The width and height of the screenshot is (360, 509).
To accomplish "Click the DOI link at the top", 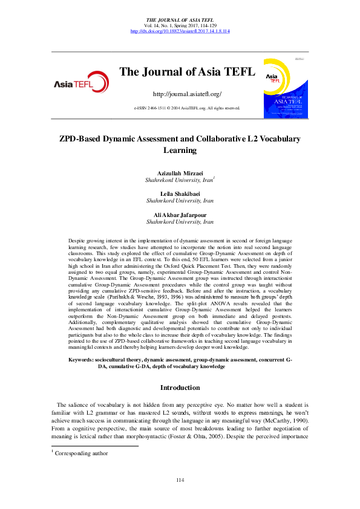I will coord(180,31).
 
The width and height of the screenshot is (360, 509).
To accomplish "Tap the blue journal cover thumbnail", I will coord(283,88).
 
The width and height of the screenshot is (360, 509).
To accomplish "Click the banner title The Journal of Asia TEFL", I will coord(187,73).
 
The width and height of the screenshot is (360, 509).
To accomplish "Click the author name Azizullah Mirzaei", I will coord(179,173).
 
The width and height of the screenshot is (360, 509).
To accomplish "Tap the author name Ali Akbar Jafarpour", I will coord(179,215).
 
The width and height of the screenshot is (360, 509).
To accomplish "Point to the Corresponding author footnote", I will coord(82,453).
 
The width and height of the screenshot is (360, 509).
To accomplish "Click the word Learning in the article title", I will coord(180,150).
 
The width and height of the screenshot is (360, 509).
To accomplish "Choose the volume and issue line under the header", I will coord(180,25).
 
